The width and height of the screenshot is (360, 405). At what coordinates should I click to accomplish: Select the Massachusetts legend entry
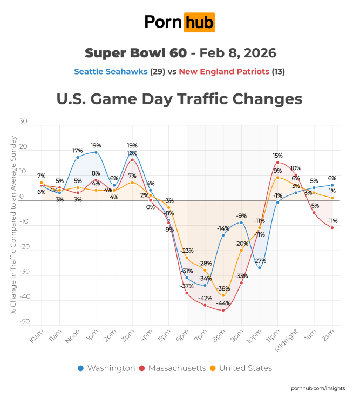point(173,368)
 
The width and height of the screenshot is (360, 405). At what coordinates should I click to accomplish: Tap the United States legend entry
point(244,368)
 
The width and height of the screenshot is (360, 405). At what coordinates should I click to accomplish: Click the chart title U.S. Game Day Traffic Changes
point(179,99)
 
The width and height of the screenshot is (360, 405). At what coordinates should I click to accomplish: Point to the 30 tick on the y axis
point(23,122)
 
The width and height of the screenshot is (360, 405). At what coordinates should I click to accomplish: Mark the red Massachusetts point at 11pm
point(277,163)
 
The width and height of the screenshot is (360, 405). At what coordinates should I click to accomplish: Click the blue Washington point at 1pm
point(96,152)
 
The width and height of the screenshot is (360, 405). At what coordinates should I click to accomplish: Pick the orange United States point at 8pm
point(223,295)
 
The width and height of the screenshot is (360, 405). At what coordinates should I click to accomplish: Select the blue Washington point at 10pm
point(259,268)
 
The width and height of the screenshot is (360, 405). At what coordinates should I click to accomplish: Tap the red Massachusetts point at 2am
point(332,227)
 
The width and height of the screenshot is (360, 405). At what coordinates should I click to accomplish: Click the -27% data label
point(260,261)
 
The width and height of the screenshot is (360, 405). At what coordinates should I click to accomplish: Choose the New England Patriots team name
point(224,71)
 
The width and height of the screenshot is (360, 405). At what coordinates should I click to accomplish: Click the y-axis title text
point(12,225)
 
